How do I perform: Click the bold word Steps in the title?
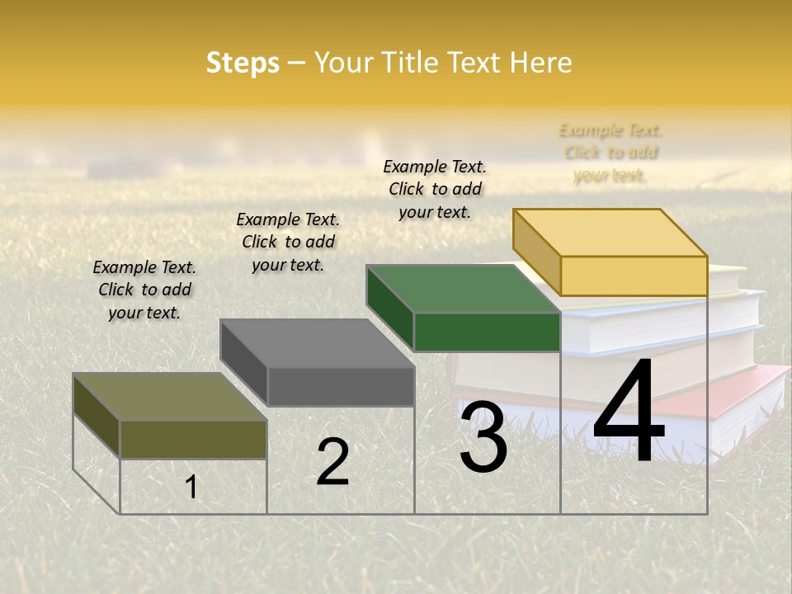[x=243, y=63]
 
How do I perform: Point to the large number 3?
[x=483, y=437]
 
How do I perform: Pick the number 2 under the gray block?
[x=332, y=462]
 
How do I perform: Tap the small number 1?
[x=191, y=487]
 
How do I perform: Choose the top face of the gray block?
[x=317, y=343]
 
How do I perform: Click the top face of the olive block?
[x=170, y=397]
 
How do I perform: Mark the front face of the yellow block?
[x=634, y=276]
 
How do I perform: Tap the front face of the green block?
[x=487, y=332]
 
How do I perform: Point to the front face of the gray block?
[x=341, y=386]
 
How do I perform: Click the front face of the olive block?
[x=193, y=439]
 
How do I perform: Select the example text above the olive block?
[x=144, y=290]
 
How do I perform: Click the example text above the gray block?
[x=288, y=242]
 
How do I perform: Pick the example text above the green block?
[x=435, y=189]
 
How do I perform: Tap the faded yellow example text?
[x=610, y=153]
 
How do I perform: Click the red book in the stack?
[x=747, y=396]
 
